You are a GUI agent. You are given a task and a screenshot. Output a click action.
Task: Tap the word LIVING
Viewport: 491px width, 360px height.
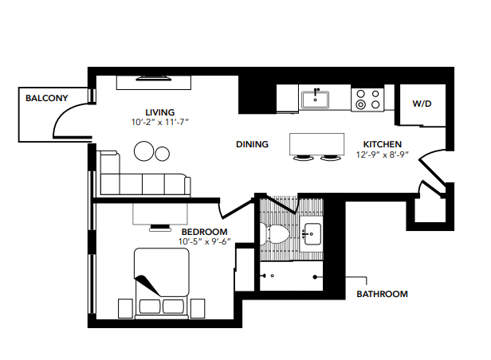click(160, 112)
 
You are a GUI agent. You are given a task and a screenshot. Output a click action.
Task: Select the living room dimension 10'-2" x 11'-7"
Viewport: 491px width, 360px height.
click(160, 123)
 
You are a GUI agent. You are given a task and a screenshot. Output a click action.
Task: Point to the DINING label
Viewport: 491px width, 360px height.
click(252, 145)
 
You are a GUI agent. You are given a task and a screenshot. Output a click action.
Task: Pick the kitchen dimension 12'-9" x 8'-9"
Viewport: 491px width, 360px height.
click(383, 155)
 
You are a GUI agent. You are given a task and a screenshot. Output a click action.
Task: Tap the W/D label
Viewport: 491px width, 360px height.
click(422, 104)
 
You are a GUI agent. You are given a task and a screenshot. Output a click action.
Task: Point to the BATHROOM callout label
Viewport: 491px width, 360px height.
click(382, 294)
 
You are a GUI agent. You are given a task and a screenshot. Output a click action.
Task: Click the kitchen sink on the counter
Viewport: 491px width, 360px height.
click(316, 100)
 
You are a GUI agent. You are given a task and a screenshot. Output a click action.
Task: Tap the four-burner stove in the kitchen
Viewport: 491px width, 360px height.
click(368, 99)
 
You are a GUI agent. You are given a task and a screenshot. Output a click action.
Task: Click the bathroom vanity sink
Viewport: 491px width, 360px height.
click(312, 234)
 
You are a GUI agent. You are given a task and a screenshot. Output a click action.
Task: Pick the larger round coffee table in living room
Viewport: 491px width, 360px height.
click(145, 151)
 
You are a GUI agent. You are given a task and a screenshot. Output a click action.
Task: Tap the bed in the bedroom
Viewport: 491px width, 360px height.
click(161, 283)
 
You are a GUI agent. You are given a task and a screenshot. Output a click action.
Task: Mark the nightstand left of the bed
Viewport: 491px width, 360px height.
click(125, 307)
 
